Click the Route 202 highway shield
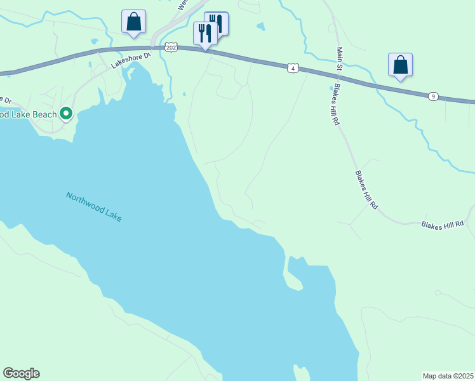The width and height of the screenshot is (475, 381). click(170, 47)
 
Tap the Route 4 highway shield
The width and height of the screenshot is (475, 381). click(292, 67)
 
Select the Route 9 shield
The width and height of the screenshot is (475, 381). click(432, 96)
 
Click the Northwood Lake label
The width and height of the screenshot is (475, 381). click(93, 206)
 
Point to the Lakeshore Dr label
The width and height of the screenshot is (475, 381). click(130, 60)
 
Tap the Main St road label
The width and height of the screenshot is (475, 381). click(340, 60)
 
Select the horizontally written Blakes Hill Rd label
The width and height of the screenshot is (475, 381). click(443, 224)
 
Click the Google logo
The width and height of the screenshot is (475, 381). click(21, 373)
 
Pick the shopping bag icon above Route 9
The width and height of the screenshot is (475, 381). click(400, 65)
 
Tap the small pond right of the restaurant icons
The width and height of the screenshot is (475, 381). click(260, 27)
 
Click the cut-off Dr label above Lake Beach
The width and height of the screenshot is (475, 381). click(6, 100)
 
